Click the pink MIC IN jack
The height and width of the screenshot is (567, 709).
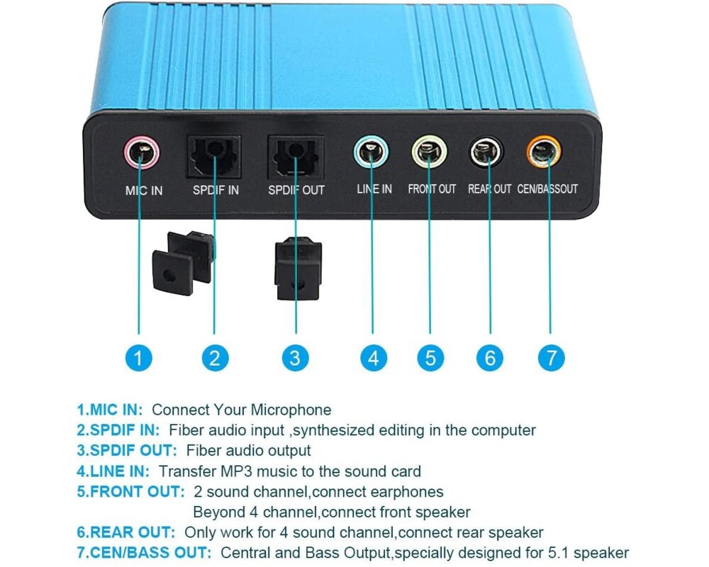click(x=140, y=152)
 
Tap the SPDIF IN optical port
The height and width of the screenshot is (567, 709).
click(x=215, y=156)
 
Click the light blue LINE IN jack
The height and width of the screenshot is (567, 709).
click(x=372, y=151)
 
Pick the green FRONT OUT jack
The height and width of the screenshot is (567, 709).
click(x=430, y=152)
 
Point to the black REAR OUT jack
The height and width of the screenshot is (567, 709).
click(x=489, y=152)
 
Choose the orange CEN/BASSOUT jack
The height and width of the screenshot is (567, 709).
click(x=544, y=150)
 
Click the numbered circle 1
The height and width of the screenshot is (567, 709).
click(x=138, y=357)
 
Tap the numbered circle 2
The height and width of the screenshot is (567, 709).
click(x=215, y=357)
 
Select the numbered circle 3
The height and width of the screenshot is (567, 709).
click(x=295, y=357)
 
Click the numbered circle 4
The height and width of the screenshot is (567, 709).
click(x=374, y=357)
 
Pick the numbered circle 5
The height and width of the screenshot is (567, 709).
click(x=430, y=357)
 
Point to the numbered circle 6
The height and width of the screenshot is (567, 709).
click(x=490, y=357)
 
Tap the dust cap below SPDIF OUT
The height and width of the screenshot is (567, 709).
click(x=298, y=266)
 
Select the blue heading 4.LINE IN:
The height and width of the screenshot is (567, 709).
click(x=113, y=471)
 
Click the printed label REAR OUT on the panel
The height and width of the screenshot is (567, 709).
click(x=489, y=189)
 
